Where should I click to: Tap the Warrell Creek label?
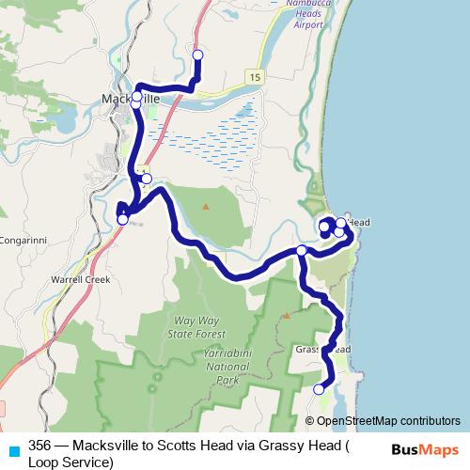[80, 280]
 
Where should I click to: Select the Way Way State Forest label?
[195, 328]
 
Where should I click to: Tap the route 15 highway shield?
[256, 74]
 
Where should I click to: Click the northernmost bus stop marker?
[197, 55]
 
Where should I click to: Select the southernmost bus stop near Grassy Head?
[319, 389]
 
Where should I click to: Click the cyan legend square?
[12, 448]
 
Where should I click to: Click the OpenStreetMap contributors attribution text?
[388, 420]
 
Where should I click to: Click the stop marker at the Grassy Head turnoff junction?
[301, 251]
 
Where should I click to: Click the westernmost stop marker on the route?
[121, 219]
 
